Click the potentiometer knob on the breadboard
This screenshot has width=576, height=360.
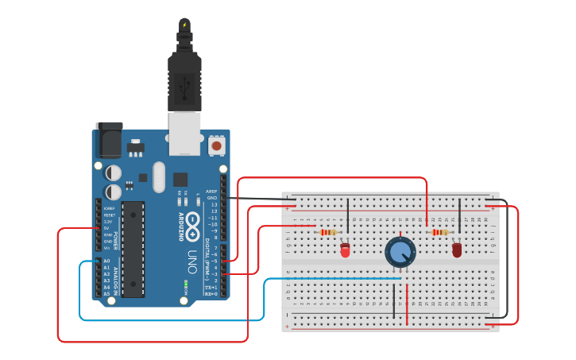[x=400, y=253]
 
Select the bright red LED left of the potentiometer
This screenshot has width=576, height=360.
[x=345, y=250]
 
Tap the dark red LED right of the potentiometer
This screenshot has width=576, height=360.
[x=457, y=250]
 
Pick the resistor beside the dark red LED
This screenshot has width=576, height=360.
[x=440, y=232]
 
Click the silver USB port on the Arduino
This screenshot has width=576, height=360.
[x=185, y=133]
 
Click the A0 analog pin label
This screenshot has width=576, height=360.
[x=106, y=261]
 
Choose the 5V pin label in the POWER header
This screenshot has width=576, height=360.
[x=107, y=228]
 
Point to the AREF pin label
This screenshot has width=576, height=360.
[x=211, y=192]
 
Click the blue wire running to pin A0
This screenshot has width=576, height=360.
[x=171, y=319]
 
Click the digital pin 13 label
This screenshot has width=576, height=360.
[x=213, y=204]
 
